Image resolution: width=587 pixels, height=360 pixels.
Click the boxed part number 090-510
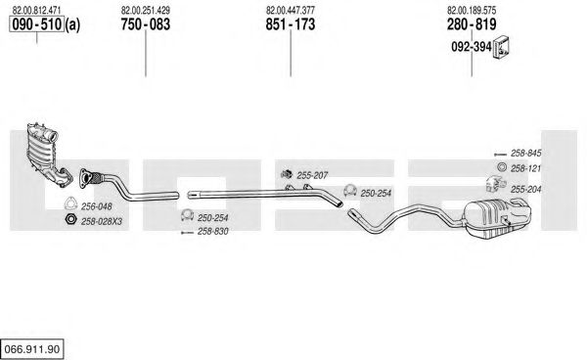(37, 24)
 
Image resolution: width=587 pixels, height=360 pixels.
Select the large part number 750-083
(145, 24)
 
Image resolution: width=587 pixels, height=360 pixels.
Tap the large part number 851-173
(291, 24)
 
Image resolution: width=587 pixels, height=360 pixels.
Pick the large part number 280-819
(472, 24)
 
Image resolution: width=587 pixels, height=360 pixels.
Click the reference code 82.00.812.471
(36, 10)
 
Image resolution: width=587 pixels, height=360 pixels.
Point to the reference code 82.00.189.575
(472, 10)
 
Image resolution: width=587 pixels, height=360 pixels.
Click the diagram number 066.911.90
(32, 349)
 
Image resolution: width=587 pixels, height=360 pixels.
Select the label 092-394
(472, 47)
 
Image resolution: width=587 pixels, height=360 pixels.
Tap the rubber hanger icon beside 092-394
(501, 48)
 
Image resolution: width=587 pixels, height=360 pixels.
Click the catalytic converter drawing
(47, 155)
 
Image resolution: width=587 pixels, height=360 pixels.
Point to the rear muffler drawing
(496, 218)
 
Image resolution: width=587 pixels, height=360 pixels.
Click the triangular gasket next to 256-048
(70, 203)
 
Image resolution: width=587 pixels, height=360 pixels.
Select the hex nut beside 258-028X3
(70, 219)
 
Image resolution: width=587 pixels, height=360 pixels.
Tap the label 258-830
(212, 231)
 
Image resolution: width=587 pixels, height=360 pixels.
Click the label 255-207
(312, 175)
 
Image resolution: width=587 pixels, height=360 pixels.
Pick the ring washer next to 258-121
(502, 167)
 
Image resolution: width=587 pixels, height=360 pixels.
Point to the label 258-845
(526, 153)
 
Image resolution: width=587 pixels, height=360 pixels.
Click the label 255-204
(526, 190)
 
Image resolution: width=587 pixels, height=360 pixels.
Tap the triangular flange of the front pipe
(86, 178)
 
